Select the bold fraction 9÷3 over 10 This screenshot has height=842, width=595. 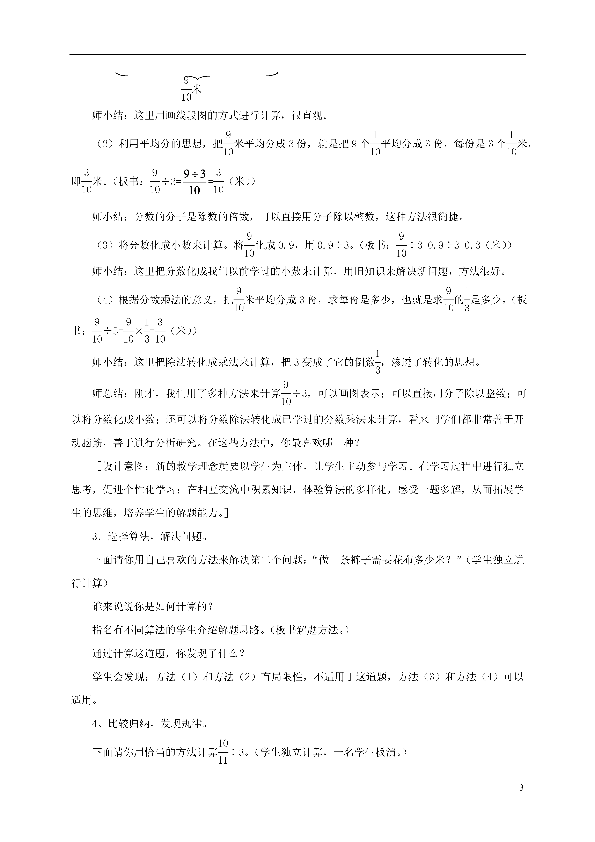pyautogui.click(x=195, y=181)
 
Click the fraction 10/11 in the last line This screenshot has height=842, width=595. pyautogui.click(x=223, y=751)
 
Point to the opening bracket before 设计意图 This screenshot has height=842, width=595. pyautogui.click(x=98, y=467)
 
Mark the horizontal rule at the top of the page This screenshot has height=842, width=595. pyautogui.click(x=297, y=55)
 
